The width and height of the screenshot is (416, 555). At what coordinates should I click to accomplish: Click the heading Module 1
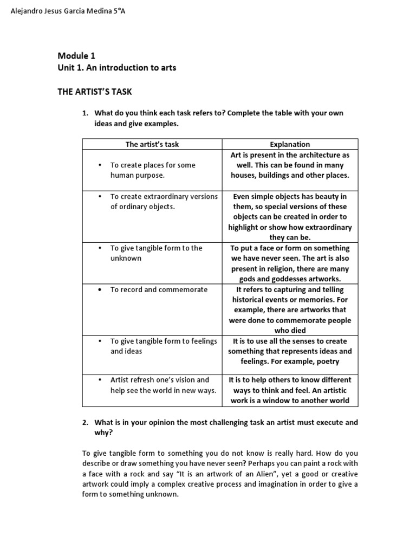[76, 55]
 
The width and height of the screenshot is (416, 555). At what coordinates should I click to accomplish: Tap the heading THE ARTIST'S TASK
[95, 92]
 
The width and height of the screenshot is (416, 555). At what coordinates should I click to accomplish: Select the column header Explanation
[290, 144]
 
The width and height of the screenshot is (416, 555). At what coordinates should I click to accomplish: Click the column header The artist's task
[152, 144]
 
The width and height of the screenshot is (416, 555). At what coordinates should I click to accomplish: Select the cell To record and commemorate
[159, 289]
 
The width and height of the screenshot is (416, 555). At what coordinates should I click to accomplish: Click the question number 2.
[85, 422]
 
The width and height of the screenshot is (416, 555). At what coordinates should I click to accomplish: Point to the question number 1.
[85, 113]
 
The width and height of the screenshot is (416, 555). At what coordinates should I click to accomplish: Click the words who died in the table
[290, 330]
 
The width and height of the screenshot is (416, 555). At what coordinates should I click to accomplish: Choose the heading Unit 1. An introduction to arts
[117, 68]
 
